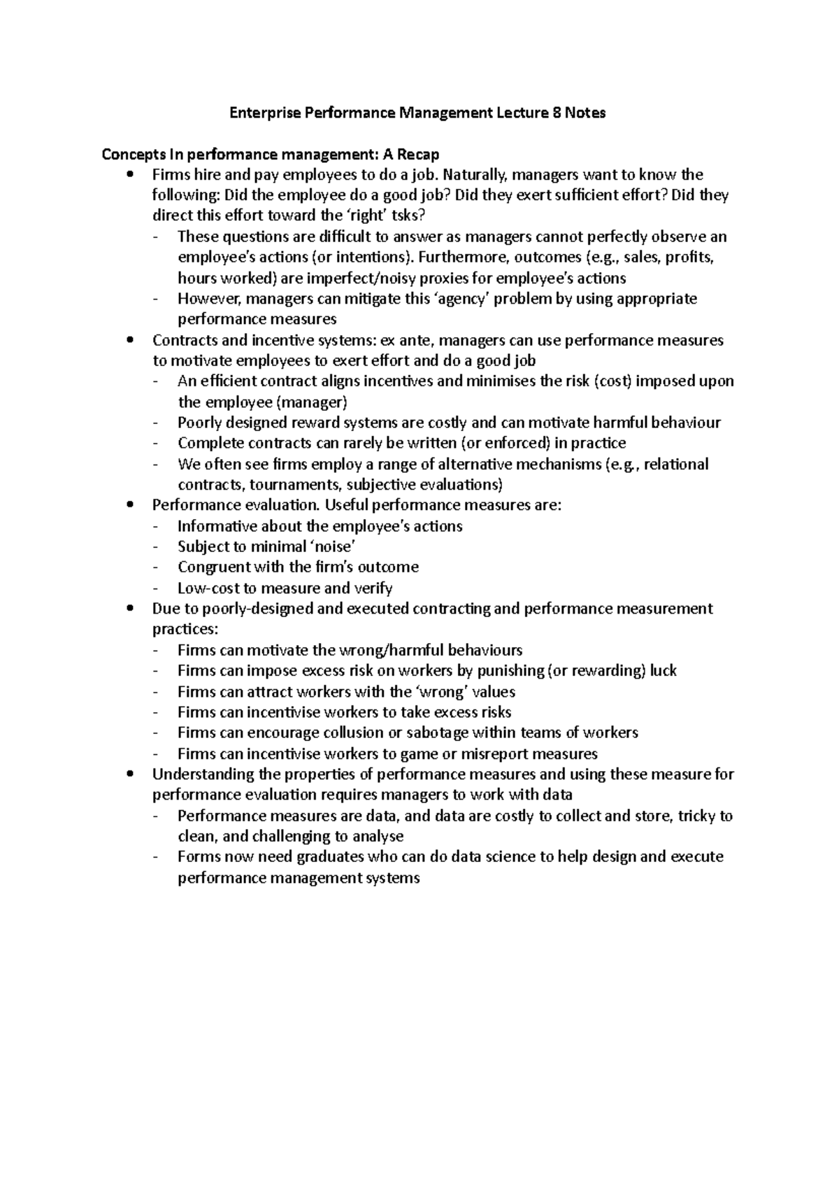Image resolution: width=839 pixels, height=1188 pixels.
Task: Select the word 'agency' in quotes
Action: [466, 299]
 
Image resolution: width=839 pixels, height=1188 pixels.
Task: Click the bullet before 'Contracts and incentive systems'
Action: [127, 341]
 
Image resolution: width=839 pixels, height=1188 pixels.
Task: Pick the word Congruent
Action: [214, 567]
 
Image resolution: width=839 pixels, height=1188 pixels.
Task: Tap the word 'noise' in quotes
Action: [327, 546]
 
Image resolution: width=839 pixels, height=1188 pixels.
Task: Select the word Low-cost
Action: [208, 588]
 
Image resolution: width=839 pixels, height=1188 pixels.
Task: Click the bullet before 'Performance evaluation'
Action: [127, 505]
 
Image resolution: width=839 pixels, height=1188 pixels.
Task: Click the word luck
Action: [663, 670]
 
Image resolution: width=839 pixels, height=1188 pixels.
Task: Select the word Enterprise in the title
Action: [264, 113]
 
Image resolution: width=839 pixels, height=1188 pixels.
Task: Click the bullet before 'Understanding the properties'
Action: [127, 775]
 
